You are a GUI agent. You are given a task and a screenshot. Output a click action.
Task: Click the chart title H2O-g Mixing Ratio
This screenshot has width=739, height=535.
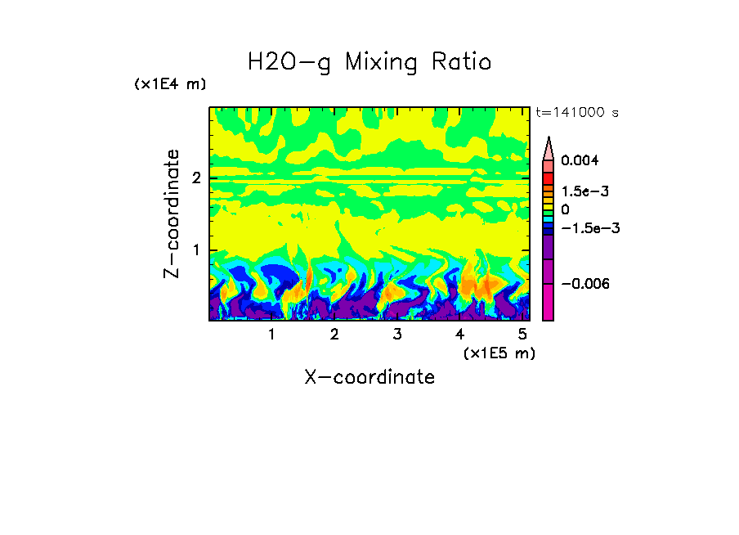pyautogui.click(x=369, y=62)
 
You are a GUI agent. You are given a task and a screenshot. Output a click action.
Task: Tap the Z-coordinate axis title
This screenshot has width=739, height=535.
pyautogui.click(x=172, y=214)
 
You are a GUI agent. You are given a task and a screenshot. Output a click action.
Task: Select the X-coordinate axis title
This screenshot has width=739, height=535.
pyautogui.click(x=369, y=377)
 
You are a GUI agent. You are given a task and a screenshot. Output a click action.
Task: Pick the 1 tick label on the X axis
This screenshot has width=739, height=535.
pyautogui.click(x=271, y=334)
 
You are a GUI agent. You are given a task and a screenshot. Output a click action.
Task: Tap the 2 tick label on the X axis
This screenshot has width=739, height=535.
pyautogui.click(x=334, y=334)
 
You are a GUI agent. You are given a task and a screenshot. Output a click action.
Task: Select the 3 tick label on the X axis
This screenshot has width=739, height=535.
pyautogui.click(x=396, y=334)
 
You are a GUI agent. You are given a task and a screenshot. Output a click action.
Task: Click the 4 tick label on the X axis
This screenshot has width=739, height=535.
pyautogui.click(x=459, y=334)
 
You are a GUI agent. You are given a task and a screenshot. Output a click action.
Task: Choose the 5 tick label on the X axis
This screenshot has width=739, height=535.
pyautogui.click(x=522, y=334)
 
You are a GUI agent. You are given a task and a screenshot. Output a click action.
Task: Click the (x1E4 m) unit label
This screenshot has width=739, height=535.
pyautogui.click(x=170, y=84)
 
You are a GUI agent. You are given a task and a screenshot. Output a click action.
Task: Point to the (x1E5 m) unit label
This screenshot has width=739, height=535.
pyautogui.click(x=499, y=353)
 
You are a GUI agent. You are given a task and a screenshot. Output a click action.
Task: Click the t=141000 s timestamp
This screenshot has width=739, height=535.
pyautogui.click(x=577, y=112)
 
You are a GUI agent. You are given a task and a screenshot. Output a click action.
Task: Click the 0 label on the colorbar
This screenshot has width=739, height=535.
pyautogui.click(x=565, y=209)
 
